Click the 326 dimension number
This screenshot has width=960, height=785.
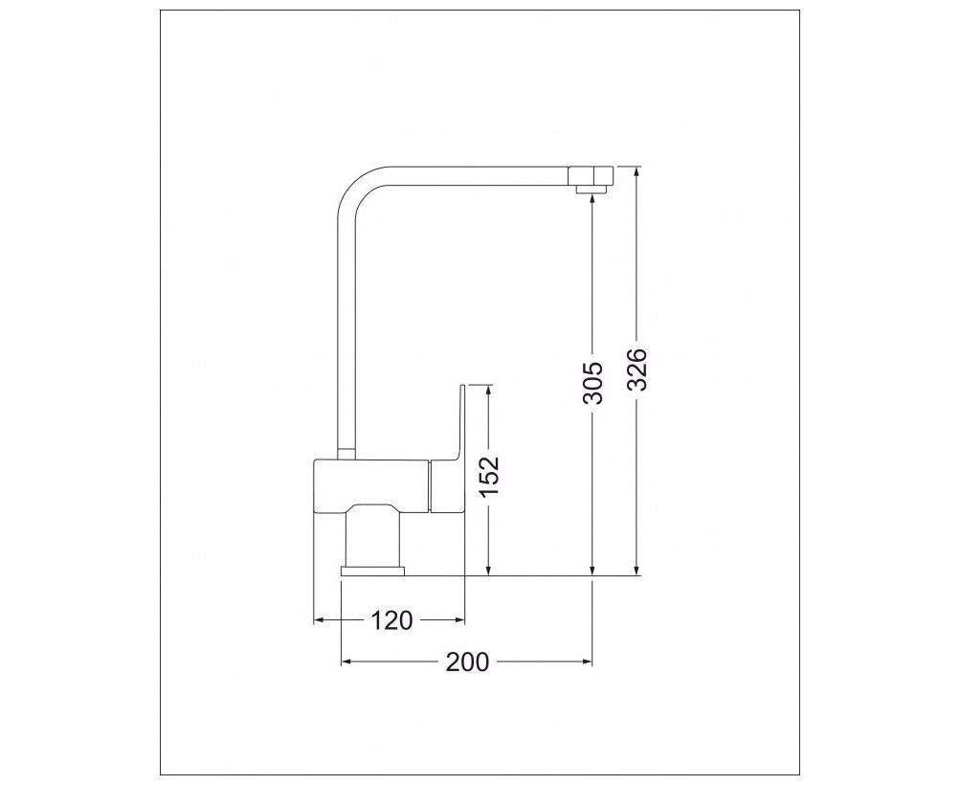636,370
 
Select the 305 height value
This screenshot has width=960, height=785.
592,383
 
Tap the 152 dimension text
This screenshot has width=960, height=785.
490,477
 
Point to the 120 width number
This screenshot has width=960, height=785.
391,620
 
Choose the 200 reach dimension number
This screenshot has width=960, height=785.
468,662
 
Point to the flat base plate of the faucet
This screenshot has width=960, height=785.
373,572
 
